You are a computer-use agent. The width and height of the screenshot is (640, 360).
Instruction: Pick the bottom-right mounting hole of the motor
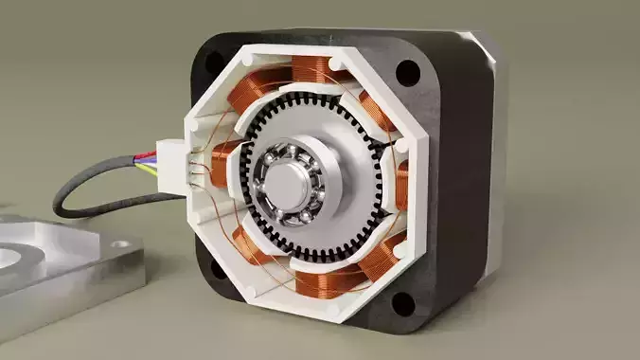[x=403, y=305]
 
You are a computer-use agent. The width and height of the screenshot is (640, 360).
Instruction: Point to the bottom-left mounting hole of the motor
[x=217, y=269]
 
